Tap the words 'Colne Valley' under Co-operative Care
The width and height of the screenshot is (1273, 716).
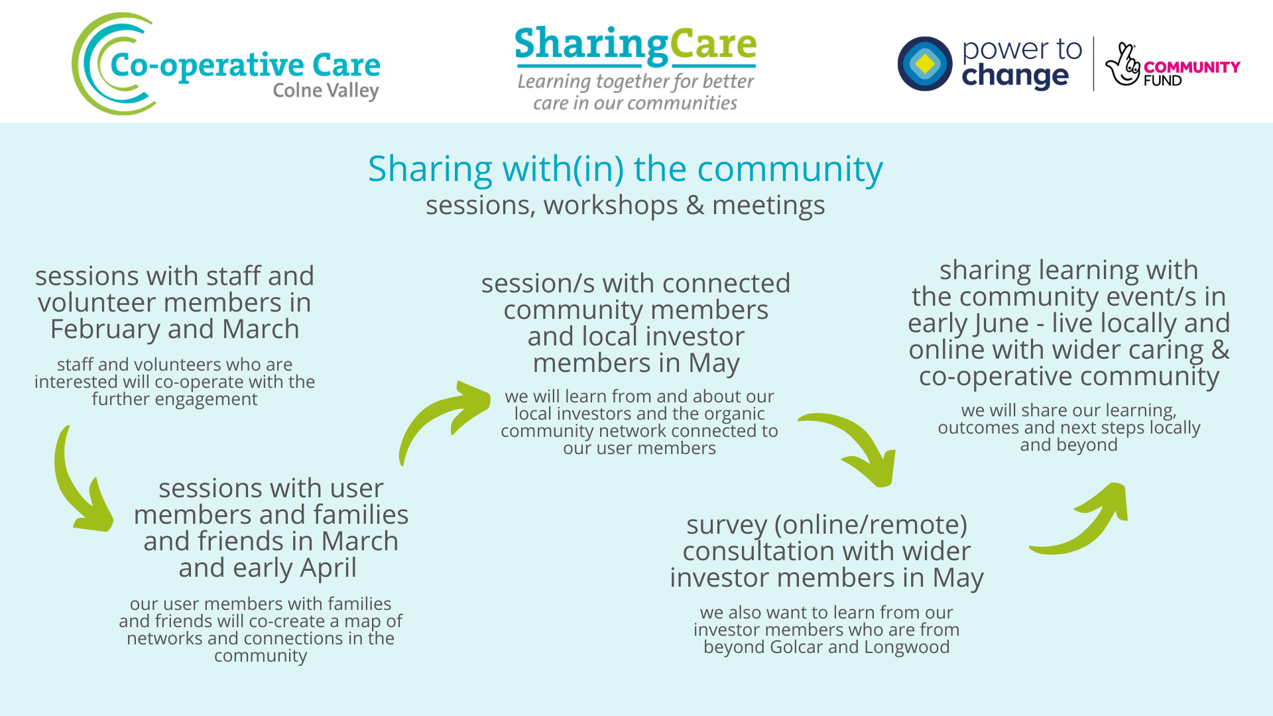pos(326,91)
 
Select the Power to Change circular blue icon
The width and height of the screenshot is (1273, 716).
pos(924,64)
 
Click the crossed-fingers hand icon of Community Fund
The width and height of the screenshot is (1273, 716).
pos(1122,65)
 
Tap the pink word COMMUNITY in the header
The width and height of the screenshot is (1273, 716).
pos(1191,67)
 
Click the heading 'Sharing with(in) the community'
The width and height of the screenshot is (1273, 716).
pos(625,169)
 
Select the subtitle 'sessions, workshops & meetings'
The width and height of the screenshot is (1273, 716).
pos(625,206)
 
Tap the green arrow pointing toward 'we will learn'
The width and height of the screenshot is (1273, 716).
pos(444,418)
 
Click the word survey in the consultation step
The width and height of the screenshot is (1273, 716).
pos(726,525)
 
